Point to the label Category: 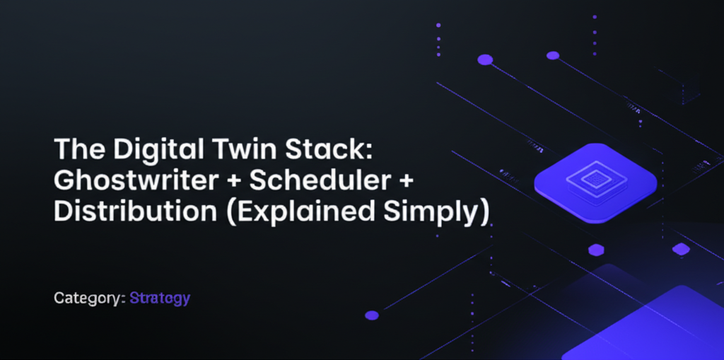90,298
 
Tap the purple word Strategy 160,298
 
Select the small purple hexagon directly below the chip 596,250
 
